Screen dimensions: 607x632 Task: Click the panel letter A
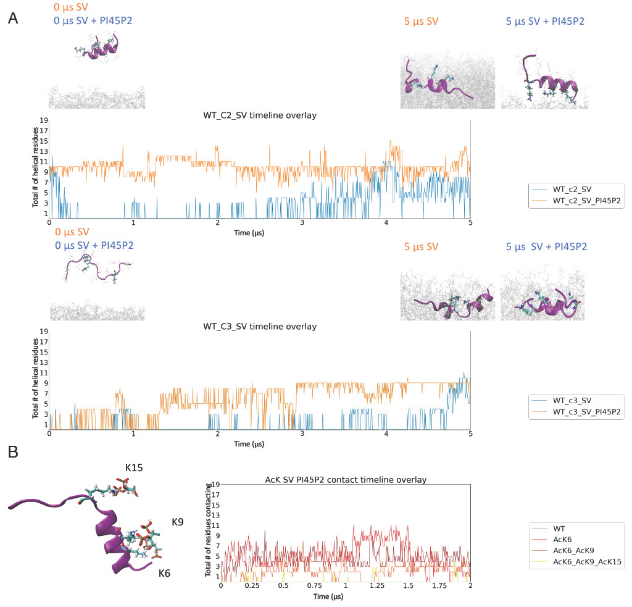tap(13, 19)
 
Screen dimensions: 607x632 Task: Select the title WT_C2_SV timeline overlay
tap(260, 114)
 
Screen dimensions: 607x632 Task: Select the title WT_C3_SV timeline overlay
tap(260, 326)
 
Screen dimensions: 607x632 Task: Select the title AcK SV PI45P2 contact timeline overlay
tap(346, 479)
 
